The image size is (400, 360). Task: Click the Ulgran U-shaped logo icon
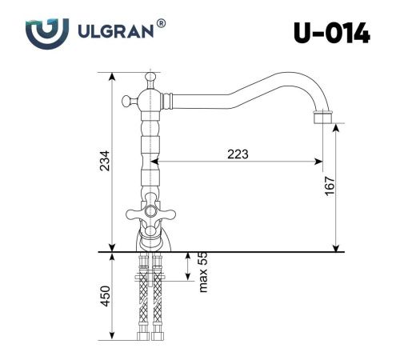[x=42, y=34]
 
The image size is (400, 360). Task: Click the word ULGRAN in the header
[x=118, y=34]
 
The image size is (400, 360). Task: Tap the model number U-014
[x=330, y=33]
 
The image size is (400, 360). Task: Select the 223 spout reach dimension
[x=238, y=154]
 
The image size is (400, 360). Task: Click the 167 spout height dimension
[x=329, y=186]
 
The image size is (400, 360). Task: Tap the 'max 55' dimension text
[x=202, y=272]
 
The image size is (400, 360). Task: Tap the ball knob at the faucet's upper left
[x=126, y=101]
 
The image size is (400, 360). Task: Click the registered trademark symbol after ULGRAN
[x=162, y=25]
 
